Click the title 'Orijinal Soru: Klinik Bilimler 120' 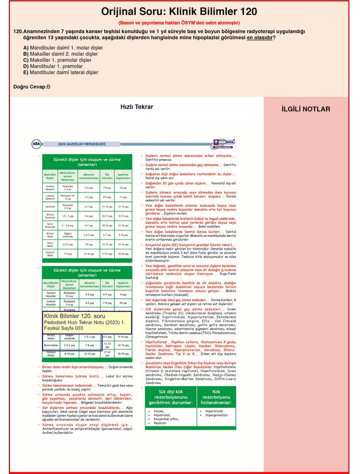tap(179, 11)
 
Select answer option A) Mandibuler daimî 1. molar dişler tap(67, 47)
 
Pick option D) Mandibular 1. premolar tap(53, 66)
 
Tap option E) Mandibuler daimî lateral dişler tap(64, 72)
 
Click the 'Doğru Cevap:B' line tap(32, 87)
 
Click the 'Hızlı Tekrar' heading tap(137, 107)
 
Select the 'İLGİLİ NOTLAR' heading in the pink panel tap(306, 109)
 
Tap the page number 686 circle tap(37, 143)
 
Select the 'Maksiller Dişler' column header tap(50, 175)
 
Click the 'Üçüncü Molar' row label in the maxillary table tap(50, 253)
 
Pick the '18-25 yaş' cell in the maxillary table tap(123, 253)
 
